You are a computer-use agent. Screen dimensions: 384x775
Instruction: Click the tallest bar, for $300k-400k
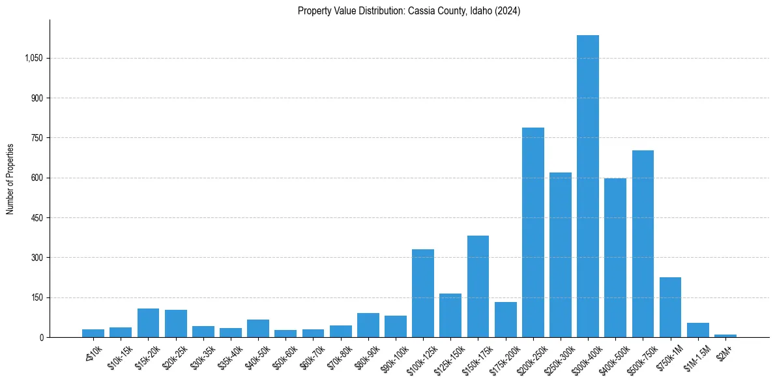coord(588,186)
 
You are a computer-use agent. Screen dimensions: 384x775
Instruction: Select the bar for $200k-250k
coord(533,232)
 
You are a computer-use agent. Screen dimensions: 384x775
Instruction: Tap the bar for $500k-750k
coord(643,244)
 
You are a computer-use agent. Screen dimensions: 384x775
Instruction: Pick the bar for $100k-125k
coord(423,293)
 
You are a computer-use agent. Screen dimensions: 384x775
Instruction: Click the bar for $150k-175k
coord(478,286)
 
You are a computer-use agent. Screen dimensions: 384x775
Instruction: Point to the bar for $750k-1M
coord(670,307)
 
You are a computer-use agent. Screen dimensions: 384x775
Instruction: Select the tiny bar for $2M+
coord(725,336)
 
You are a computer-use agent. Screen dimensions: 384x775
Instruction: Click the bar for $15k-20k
coord(149,323)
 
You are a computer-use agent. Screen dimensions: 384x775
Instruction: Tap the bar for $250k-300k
coord(561,255)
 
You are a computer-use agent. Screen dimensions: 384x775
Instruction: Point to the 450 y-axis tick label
coord(37,218)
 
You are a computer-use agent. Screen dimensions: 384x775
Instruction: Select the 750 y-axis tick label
coord(37,138)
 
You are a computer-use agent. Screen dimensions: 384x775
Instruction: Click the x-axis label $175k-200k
coord(504,356)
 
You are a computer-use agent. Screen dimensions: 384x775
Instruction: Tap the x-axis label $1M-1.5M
coord(695,356)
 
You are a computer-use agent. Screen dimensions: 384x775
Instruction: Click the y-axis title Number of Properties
coord(10,179)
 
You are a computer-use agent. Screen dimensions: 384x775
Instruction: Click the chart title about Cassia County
coord(409,11)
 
